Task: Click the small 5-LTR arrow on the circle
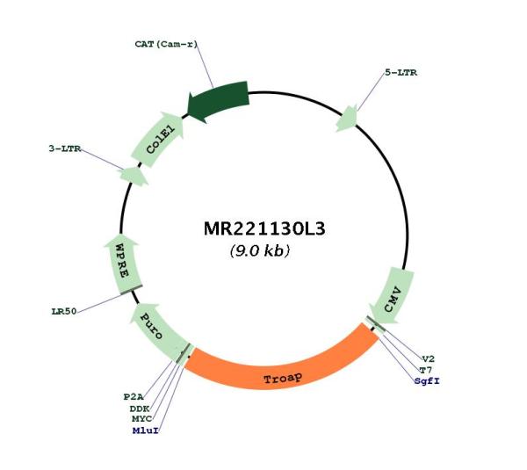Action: click(347, 119)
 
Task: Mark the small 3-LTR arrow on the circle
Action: click(134, 177)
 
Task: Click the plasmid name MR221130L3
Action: click(264, 229)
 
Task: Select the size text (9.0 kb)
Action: click(260, 250)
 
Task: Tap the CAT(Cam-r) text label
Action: click(166, 44)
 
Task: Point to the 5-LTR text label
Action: click(401, 73)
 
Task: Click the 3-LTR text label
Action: click(65, 148)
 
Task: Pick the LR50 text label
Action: click(64, 312)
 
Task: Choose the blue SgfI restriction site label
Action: click(427, 381)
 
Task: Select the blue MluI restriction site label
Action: click(145, 430)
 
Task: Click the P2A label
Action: click(134, 397)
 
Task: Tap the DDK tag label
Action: click(140, 409)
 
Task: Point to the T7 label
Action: click(425, 370)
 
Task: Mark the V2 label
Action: click(429, 358)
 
